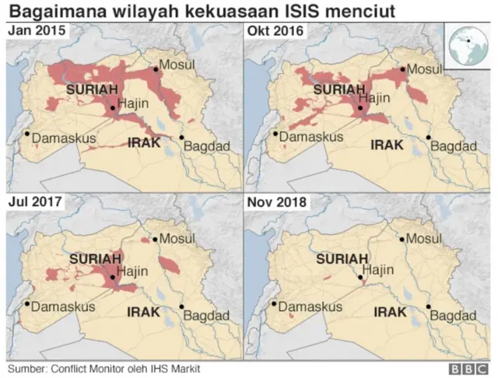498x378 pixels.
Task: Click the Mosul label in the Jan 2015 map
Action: point(177,65)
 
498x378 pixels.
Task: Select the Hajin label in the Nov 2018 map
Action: point(380,270)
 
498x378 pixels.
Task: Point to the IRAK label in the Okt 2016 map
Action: point(388,145)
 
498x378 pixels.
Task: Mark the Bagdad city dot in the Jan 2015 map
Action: point(183,138)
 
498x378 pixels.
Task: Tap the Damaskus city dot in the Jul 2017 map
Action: point(27,304)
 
